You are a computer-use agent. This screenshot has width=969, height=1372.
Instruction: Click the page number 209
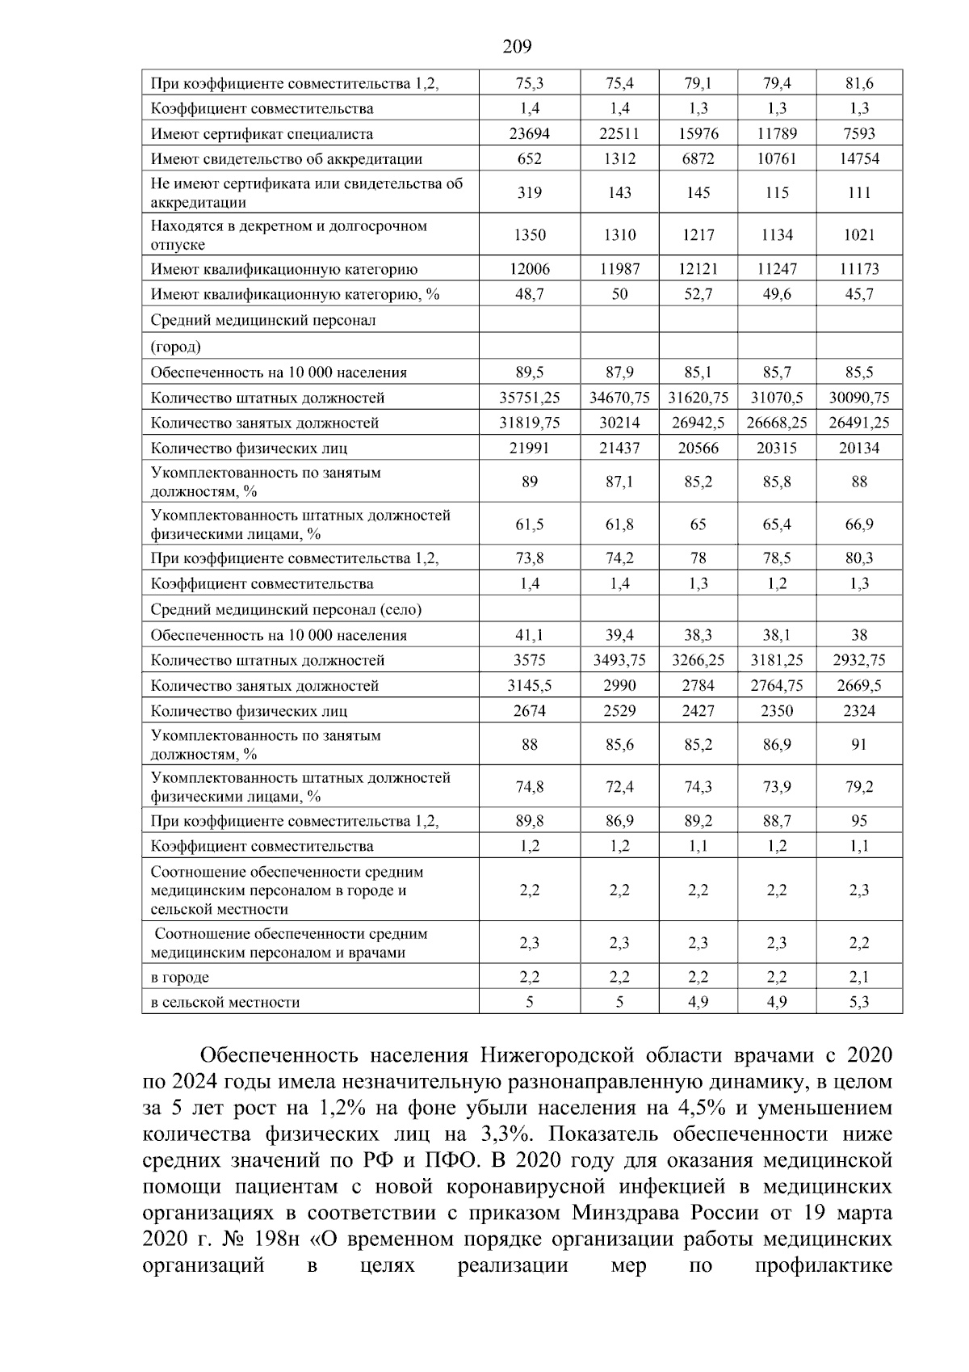(x=517, y=47)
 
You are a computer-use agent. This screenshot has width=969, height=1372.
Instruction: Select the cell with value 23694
(x=530, y=134)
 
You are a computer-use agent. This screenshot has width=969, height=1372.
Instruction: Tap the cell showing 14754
(x=859, y=159)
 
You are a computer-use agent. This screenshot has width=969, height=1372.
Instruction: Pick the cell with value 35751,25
(x=530, y=398)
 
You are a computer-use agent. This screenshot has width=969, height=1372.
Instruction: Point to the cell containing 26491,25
(x=859, y=423)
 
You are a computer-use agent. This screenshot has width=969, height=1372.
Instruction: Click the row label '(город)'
(x=175, y=347)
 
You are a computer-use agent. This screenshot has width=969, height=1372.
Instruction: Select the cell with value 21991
(x=530, y=448)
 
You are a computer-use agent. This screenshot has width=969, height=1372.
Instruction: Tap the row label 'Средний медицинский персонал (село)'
(x=286, y=610)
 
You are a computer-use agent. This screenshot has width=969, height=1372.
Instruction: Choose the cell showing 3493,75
(x=619, y=660)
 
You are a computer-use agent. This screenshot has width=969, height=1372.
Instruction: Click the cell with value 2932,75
(x=859, y=660)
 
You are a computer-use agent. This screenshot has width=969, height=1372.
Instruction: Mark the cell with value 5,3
(x=859, y=1003)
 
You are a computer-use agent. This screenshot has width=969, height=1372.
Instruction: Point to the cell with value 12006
(x=530, y=269)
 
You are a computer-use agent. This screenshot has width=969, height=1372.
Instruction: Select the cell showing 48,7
(x=530, y=294)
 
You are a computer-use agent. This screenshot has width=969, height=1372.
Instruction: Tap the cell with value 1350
(x=530, y=235)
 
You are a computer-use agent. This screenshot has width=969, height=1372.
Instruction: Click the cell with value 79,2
(x=859, y=787)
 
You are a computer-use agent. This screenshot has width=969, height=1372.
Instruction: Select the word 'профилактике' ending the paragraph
(x=823, y=1265)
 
